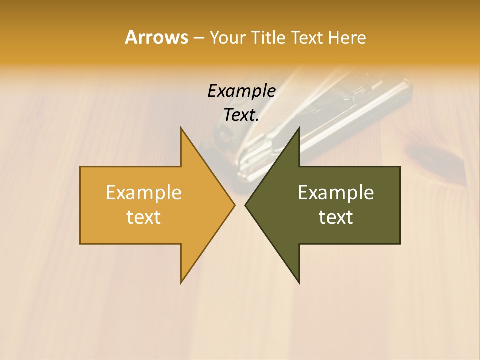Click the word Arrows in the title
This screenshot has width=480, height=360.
coord(156,37)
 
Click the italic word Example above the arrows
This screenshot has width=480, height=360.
coord(241,91)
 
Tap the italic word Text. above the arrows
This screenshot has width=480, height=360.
coord(241,115)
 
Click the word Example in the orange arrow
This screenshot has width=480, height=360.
coord(144,192)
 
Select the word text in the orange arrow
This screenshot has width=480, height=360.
coord(144,217)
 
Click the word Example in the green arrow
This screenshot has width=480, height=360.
coord(336,192)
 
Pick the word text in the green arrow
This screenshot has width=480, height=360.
coord(336,217)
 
